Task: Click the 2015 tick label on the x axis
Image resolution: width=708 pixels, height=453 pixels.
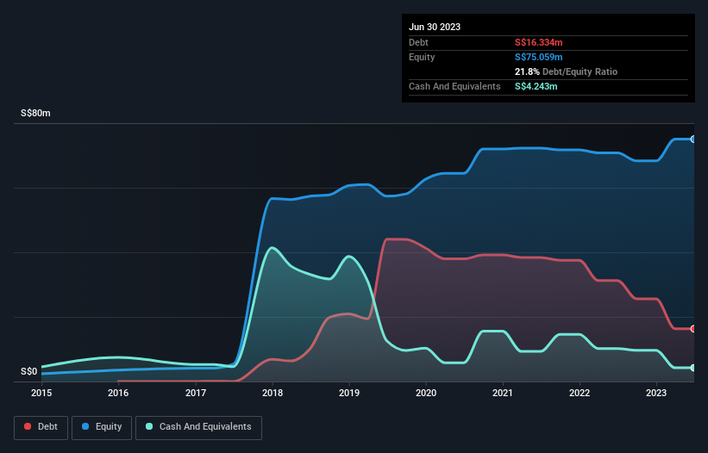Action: pyautogui.click(x=41, y=394)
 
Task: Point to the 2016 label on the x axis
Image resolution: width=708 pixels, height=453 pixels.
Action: pyautogui.click(x=118, y=394)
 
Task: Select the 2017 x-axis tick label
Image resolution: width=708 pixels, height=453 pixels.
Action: pyautogui.click(x=196, y=394)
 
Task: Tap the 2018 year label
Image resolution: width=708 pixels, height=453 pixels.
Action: pyautogui.click(x=273, y=394)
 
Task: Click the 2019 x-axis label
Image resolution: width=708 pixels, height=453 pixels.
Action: pyautogui.click(x=349, y=394)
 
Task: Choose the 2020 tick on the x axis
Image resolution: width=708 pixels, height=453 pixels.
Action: pyautogui.click(x=426, y=394)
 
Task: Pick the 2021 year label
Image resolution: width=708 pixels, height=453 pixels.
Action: pyautogui.click(x=503, y=394)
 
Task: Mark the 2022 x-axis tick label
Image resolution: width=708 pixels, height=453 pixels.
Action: pyautogui.click(x=580, y=394)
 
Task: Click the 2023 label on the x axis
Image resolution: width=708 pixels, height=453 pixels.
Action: pyautogui.click(x=656, y=394)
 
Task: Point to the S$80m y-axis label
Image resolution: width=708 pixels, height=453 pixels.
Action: pyautogui.click(x=36, y=114)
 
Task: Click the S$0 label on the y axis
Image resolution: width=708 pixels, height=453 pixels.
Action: pyautogui.click(x=29, y=372)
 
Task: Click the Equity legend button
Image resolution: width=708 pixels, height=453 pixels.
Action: pyautogui.click(x=102, y=426)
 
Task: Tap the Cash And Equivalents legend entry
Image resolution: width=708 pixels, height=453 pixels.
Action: pyautogui.click(x=198, y=426)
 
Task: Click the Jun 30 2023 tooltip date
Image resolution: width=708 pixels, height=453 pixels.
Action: pyautogui.click(x=435, y=27)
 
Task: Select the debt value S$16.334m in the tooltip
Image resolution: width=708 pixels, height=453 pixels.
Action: pyautogui.click(x=539, y=42)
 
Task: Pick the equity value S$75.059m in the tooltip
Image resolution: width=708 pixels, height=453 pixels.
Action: pyautogui.click(x=539, y=57)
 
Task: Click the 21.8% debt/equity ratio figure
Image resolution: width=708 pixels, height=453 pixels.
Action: pyautogui.click(x=527, y=71)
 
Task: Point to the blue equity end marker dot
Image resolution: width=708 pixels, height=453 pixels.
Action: pyautogui.click(x=693, y=139)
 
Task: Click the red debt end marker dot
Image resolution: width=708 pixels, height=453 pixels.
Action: pyautogui.click(x=693, y=329)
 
